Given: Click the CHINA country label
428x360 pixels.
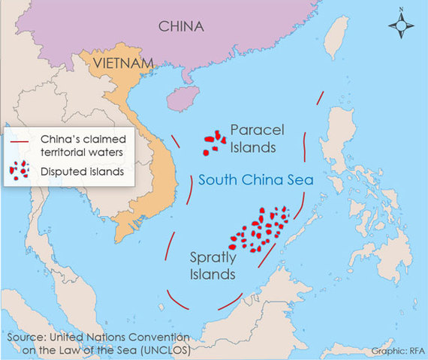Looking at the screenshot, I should point(180,27).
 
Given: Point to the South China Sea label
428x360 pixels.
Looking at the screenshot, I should point(255,181).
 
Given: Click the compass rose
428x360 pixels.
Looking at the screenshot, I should point(402,27).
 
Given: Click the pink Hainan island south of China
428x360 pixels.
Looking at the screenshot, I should point(182,97).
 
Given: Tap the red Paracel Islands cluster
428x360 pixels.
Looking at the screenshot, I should point(214,142).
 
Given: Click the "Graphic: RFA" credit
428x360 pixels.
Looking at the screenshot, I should point(396,350).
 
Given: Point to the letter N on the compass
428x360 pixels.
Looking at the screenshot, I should point(402,10).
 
